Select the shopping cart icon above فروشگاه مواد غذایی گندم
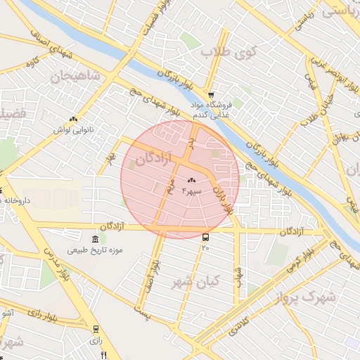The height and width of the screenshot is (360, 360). tap(211, 94)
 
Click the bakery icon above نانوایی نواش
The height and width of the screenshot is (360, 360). tap(73, 120)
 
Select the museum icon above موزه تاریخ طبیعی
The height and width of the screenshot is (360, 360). tap(96, 239)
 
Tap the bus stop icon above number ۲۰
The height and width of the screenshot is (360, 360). tap(205, 237)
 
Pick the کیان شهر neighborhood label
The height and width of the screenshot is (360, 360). tap(195, 281)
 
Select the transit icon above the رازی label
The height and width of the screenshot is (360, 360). tap(96, 328)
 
